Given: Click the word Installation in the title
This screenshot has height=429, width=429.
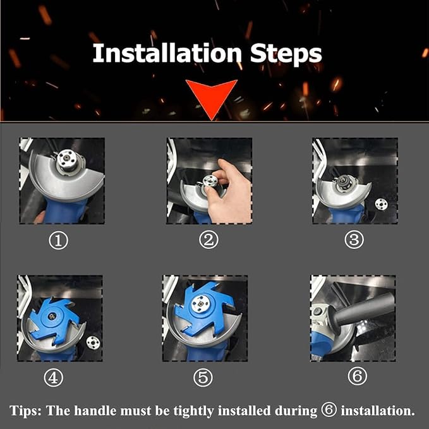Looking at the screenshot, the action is click(167, 53).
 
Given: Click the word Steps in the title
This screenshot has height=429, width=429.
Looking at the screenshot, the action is click(286, 54).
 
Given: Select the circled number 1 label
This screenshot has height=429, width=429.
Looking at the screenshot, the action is click(58, 241).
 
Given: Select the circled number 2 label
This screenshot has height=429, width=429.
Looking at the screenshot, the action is click(208, 239).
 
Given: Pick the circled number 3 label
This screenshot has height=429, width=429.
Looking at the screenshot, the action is click(354, 239).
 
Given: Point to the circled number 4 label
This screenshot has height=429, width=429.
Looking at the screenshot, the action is click(54, 378).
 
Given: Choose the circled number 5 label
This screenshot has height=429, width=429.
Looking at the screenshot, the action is click(203, 378).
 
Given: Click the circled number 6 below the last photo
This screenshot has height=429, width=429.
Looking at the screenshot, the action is click(358, 376).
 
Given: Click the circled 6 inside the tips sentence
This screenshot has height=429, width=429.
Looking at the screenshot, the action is click(329, 410).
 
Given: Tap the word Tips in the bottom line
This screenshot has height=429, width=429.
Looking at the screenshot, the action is click(25, 411).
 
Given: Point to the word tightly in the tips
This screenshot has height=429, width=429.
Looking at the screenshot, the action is click(194, 411).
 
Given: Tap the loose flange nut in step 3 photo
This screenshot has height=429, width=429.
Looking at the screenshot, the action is click(381, 204).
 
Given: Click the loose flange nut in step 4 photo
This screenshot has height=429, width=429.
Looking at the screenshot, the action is click(93, 342).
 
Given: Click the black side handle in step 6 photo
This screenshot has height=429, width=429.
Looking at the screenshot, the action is click(361, 310).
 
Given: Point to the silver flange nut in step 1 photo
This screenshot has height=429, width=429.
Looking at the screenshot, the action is click(66, 159).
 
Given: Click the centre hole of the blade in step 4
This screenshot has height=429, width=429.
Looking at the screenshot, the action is click(51, 317).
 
